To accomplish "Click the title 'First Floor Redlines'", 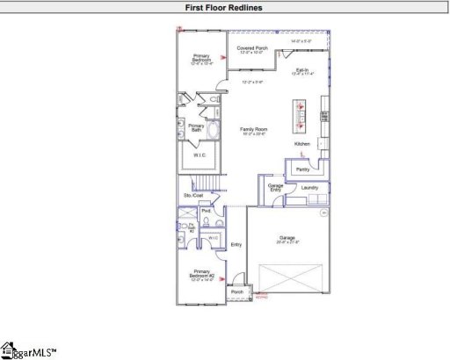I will pyautogui.click(x=225, y=8).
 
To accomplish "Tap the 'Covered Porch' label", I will pyautogui.click(x=252, y=47).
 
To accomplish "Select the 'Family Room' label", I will pyautogui.click(x=254, y=129).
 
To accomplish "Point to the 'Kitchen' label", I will pyautogui.click(x=301, y=144).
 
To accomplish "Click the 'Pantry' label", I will pyautogui.click(x=303, y=169).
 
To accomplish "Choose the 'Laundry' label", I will pyautogui.click(x=308, y=188).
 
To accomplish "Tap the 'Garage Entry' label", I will pyautogui.click(x=275, y=188).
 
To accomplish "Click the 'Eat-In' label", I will pyautogui.click(x=301, y=69).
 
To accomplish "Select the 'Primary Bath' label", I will pyautogui.click(x=196, y=127).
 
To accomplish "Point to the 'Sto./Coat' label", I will pyautogui.click(x=193, y=195).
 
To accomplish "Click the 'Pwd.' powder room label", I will pyautogui.click(x=206, y=211).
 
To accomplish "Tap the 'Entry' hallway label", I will pyautogui.click(x=236, y=245).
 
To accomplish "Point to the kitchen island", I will pyautogui.click(x=300, y=106).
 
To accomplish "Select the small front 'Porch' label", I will pyautogui.click(x=236, y=292).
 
